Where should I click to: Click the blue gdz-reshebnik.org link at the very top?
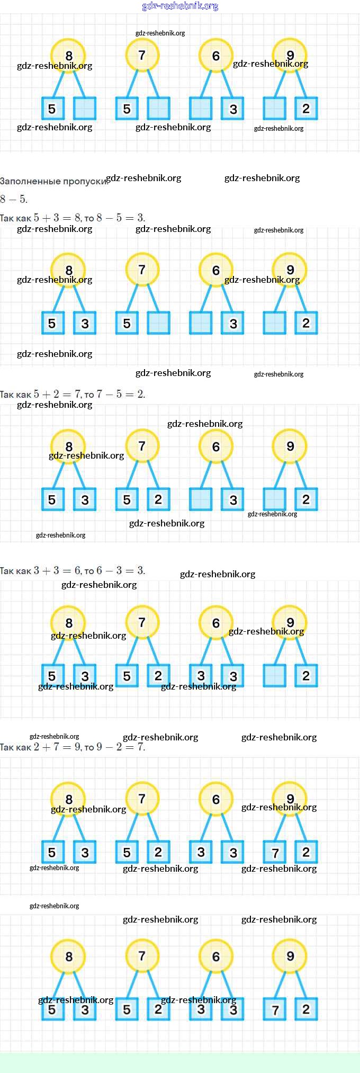[x=180, y=6]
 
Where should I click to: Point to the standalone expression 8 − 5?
[x=14, y=199]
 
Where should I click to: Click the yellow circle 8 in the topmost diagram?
[x=68, y=55]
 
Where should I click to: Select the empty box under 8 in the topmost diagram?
[x=85, y=109]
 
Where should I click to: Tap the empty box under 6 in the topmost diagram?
[x=201, y=109]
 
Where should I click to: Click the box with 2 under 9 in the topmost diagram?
[x=306, y=109]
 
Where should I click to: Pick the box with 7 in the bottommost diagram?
[x=275, y=1009]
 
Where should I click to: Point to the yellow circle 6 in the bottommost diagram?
[x=215, y=956]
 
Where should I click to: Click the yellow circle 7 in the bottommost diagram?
[x=142, y=956]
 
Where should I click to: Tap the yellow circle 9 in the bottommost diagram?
[x=290, y=956]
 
